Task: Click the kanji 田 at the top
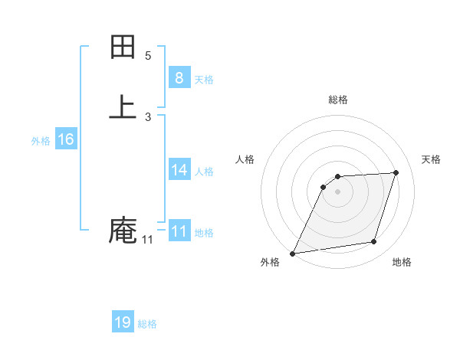[123, 47]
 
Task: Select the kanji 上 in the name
[123, 106]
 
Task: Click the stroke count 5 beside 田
[148, 55]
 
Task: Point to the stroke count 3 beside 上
[148, 116]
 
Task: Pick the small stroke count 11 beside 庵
[147, 240]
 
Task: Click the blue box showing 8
[179, 77]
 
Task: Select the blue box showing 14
[179, 169]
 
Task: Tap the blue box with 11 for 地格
[179, 231]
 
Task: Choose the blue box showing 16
[66, 139]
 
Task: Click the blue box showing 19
[123, 322]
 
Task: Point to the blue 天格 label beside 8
[204, 80]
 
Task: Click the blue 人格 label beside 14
[204, 172]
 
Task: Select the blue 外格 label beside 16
[41, 141]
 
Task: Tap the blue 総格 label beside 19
[147, 324]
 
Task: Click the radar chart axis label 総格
[338, 100]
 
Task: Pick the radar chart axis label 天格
[431, 159]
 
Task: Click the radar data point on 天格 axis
[396, 172]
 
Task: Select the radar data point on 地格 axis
[374, 242]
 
